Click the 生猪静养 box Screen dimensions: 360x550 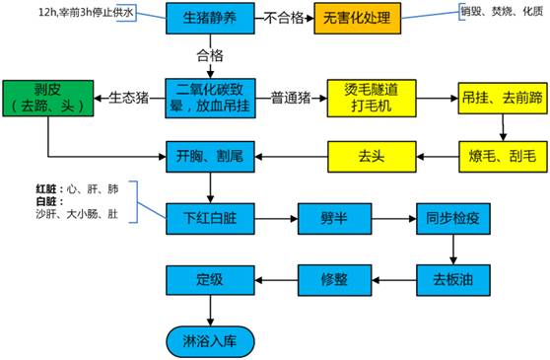click(209, 19)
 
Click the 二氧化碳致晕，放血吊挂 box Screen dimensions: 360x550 click(209, 98)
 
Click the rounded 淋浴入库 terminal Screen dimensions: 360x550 click(209, 339)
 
